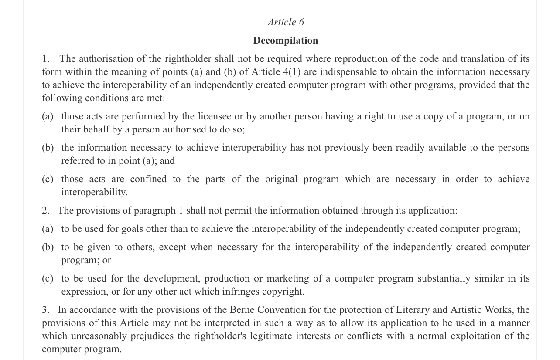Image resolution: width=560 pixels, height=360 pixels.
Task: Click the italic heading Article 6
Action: pos(286,22)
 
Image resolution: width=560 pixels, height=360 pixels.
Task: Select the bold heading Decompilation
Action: pos(286,41)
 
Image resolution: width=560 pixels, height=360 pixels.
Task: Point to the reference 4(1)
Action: pos(292,72)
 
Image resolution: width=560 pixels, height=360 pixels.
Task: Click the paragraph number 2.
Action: pos(46,211)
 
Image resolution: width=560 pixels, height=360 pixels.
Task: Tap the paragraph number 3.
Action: pos(46,310)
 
